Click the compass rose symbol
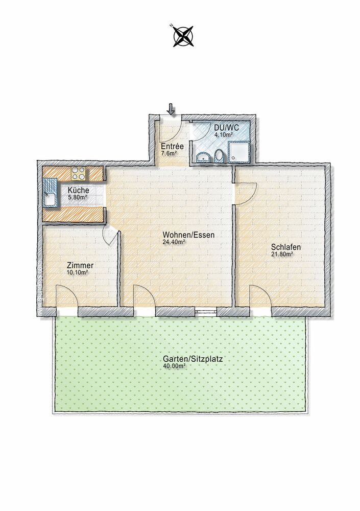(x=183, y=36)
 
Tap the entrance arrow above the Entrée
(x=171, y=109)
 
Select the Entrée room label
(x=173, y=147)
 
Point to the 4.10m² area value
(x=223, y=134)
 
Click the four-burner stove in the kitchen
(x=79, y=174)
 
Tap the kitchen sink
(x=50, y=193)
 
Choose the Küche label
(x=78, y=190)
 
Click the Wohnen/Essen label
(x=188, y=235)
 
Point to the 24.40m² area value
(x=174, y=242)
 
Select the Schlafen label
(x=286, y=247)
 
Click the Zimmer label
(x=80, y=265)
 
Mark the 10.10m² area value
(x=78, y=272)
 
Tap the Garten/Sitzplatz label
(x=193, y=359)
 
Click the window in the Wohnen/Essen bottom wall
(x=206, y=312)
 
